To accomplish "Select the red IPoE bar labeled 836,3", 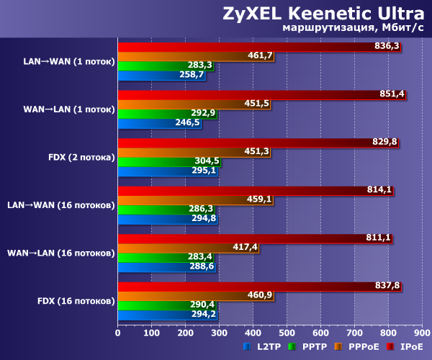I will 252,46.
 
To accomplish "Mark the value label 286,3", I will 202,209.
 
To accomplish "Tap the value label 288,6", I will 203,266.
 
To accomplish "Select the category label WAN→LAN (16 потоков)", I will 60,253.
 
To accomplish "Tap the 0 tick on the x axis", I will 118,333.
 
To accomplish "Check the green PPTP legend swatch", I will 292,347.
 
